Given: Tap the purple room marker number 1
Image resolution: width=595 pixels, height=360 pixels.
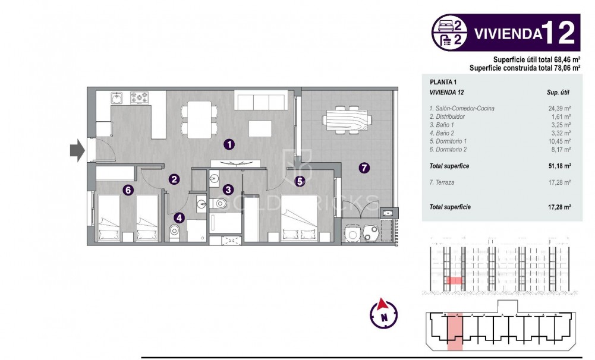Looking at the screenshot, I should [229, 144].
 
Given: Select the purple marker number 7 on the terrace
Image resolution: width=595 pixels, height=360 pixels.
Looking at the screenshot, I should [364, 168].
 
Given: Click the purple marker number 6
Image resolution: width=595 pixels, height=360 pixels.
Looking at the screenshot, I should [127, 190].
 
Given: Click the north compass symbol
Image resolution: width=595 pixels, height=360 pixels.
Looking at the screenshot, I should [384, 314].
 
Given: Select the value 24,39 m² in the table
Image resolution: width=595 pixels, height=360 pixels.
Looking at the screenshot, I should [559, 109].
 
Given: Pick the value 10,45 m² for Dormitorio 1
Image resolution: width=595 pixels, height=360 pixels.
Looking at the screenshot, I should [559, 141].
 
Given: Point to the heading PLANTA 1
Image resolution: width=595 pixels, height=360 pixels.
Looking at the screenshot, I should [443, 82].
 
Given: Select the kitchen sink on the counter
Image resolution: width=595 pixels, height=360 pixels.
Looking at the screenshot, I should [118, 97].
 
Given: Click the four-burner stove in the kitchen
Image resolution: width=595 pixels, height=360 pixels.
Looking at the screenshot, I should [140, 97].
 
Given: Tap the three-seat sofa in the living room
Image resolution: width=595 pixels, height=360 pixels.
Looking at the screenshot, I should [261, 100].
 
